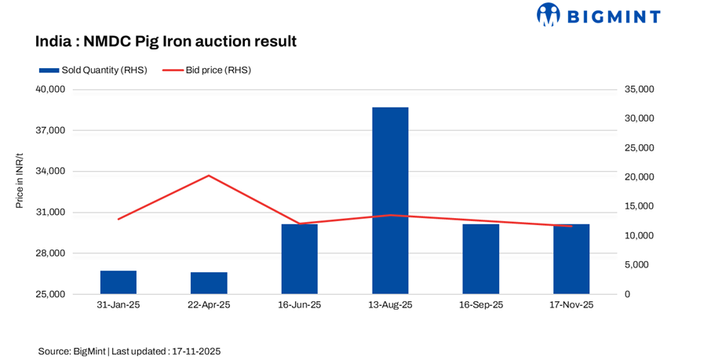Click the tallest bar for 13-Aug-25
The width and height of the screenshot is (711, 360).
(x=390, y=201)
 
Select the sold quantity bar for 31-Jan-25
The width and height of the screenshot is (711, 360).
(x=118, y=282)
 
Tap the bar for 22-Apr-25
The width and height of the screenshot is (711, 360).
(x=209, y=283)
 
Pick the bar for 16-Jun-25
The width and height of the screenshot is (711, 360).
(x=299, y=259)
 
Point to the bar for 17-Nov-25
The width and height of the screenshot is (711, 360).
(x=571, y=259)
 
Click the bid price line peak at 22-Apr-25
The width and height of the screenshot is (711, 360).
(x=209, y=176)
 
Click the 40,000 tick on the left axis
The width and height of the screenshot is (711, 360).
(x=50, y=89)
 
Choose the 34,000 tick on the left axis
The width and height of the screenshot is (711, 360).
(x=50, y=172)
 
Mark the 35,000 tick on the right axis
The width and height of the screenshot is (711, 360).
(x=639, y=89)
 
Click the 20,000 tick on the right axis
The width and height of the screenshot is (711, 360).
(x=639, y=177)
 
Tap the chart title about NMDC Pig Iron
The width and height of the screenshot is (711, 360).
(x=166, y=41)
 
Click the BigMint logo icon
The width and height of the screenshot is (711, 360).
(x=548, y=14)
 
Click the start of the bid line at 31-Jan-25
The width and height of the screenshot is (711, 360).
(x=118, y=219)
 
